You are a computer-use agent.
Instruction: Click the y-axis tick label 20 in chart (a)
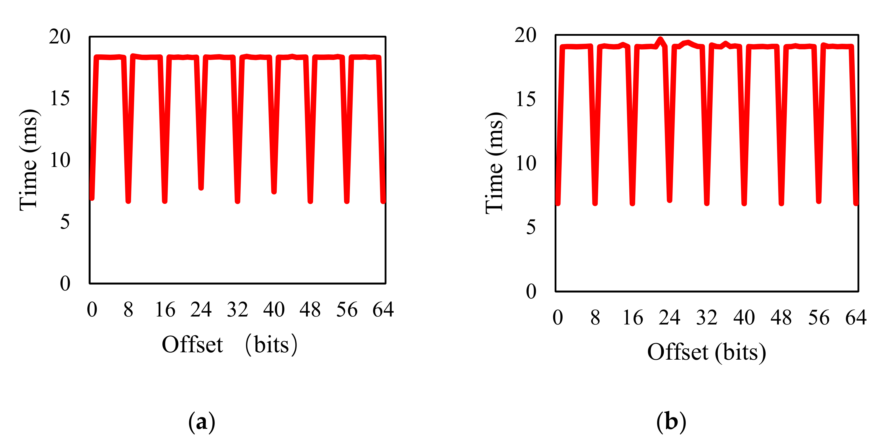[59, 36]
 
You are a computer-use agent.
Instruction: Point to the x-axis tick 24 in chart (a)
[201, 309]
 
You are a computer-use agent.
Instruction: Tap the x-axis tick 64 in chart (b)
[856, 317]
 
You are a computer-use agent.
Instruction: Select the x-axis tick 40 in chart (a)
[274, 309]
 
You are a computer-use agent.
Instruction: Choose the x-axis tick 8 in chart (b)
[595, 317]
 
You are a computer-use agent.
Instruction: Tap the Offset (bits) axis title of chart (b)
[706, 352]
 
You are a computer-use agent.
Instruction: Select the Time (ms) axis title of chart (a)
[29, 160]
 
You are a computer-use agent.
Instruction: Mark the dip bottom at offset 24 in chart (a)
[201, 188]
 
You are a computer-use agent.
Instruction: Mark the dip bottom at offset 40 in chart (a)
[274, 192]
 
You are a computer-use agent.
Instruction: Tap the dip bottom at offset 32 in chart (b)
[707, 203]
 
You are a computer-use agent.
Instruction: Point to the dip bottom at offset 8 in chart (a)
[128, 201]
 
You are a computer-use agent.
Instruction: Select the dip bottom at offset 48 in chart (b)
[781, 203]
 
